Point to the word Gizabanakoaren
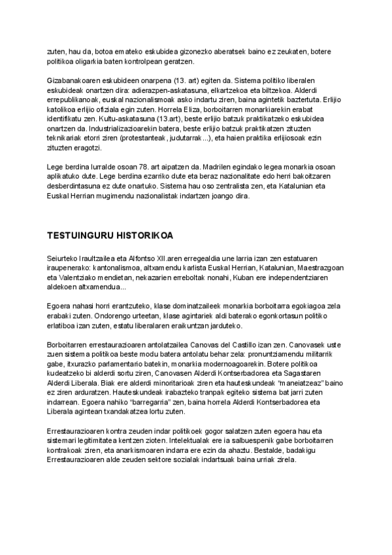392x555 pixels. [74, 80]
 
